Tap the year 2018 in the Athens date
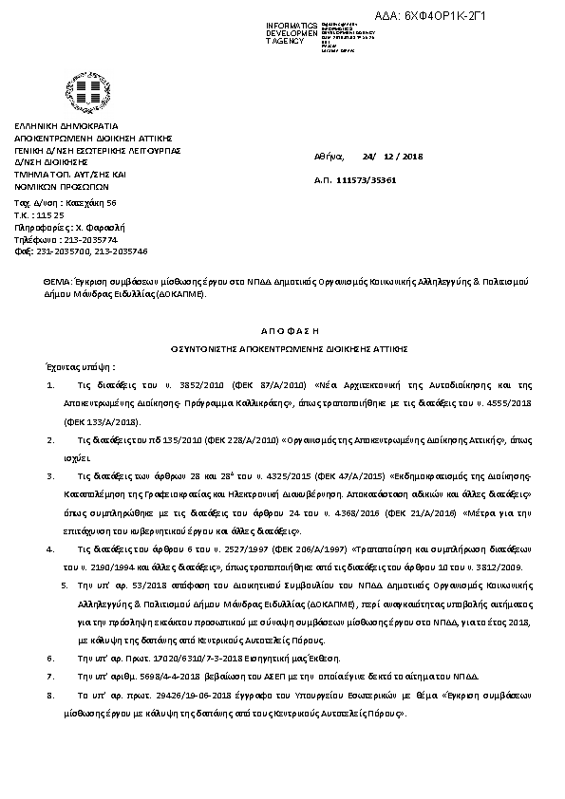pos(414,156)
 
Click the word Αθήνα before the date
pos(328,156)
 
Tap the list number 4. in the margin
pos(49,548)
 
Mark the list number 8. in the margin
pos(49,696)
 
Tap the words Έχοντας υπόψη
pos(79,365)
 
